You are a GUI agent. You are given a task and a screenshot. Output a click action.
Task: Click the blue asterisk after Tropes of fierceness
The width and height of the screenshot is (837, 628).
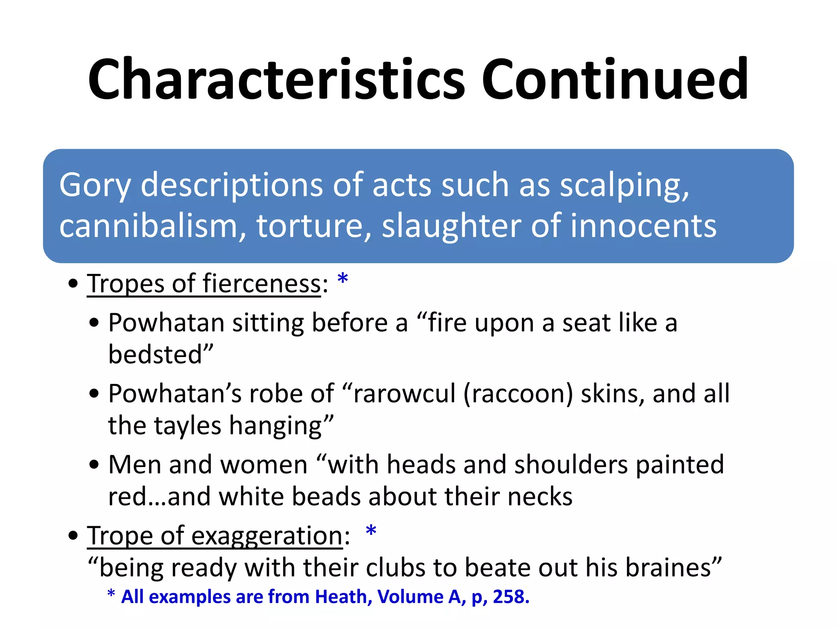tap(342, 279)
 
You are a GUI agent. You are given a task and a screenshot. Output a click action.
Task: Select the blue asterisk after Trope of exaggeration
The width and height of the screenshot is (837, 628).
tap(371, 531)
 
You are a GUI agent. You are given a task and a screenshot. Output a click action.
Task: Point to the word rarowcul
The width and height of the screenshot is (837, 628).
tap(404, 394)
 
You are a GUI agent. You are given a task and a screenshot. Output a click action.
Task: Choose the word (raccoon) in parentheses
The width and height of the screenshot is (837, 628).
tap(518, 394)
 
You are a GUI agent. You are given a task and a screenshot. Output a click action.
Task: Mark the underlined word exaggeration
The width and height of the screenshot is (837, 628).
tap(267, 536)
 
